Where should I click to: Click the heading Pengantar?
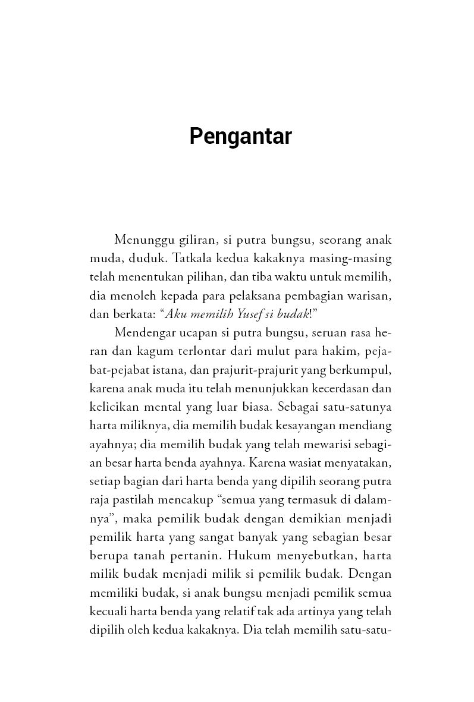click(240, 137)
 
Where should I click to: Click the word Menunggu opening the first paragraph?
click(142, 240)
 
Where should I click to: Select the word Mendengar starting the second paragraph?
click(143, 332)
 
